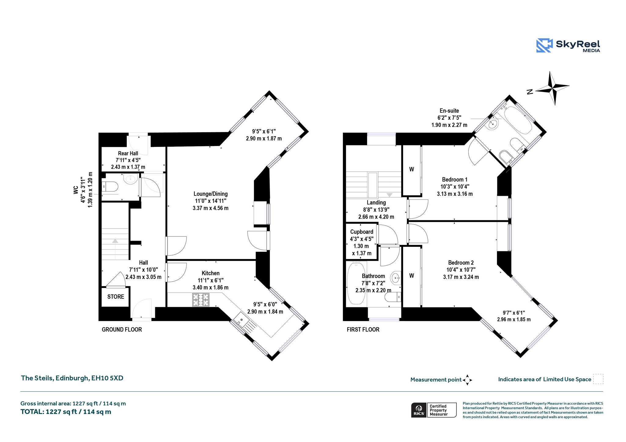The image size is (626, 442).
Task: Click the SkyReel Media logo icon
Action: pyautogui.click(x=544, y=46)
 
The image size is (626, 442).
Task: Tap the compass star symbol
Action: pyautogui.click(x=553, y=88)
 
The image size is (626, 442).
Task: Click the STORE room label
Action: pyautogui.click(x=116, y=297)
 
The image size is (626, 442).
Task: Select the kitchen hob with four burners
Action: pyautogui.click(x=201, y=300)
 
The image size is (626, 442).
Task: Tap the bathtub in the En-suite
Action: pyautogui.click(x=518, y=120)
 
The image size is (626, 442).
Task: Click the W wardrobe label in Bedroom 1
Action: pyautogui.click(x=412, y=169)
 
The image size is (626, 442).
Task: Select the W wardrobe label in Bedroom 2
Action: pyautogui.click(x=412, y=276)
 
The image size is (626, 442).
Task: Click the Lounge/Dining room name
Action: pyautogui.click(x=211, y=194)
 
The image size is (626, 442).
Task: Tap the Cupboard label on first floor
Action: pyautogui.click(x=362, y=232)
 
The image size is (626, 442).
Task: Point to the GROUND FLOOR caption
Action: pyautogui.click(x=122, y=330)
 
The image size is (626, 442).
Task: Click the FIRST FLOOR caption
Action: pyautogui.click(x=363, y=330)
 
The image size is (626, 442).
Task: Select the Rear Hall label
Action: pyautogui.click(x=128, y=153)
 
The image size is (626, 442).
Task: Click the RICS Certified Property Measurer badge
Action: pyautogui.click(x=434, y=410)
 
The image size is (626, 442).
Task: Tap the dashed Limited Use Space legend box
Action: pyautogui.click(x=598, y=379)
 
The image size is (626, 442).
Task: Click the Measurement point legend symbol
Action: pyautogui.click(x=467, y=380)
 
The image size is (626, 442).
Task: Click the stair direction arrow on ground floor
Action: pyautogui.click(x=115, y=241)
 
